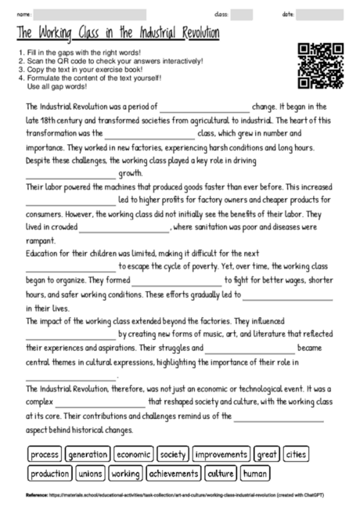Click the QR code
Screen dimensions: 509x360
pyautogui.click(x=322, y=67)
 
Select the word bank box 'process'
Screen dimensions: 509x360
pyautogui.click(x=45, y=454)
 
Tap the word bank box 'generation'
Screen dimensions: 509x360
pyautogui.click(x=88, y=454)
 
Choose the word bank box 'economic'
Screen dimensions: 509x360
pyautogui.click(x=134, y=454)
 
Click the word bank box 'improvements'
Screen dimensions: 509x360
pyautogui.click(x=221, y=454)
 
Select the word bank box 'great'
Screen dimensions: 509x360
pyautogui.click(x=268, y=454)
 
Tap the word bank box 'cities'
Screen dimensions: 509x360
pyautogui.click(x=297, y=454)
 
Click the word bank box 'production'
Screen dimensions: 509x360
pyautogui.click(x=51, y=474)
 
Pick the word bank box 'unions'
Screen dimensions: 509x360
pyautogui.click(x=91, y=474)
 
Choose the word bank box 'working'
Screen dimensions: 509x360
pyautogui.click(x=125, y=474)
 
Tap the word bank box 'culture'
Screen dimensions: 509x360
pyautogui.click(x=221, y=474)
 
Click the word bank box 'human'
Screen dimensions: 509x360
pyautogui.click(x=255, y=474)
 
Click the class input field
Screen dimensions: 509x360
pyautogui.click(x=241, y=14)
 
